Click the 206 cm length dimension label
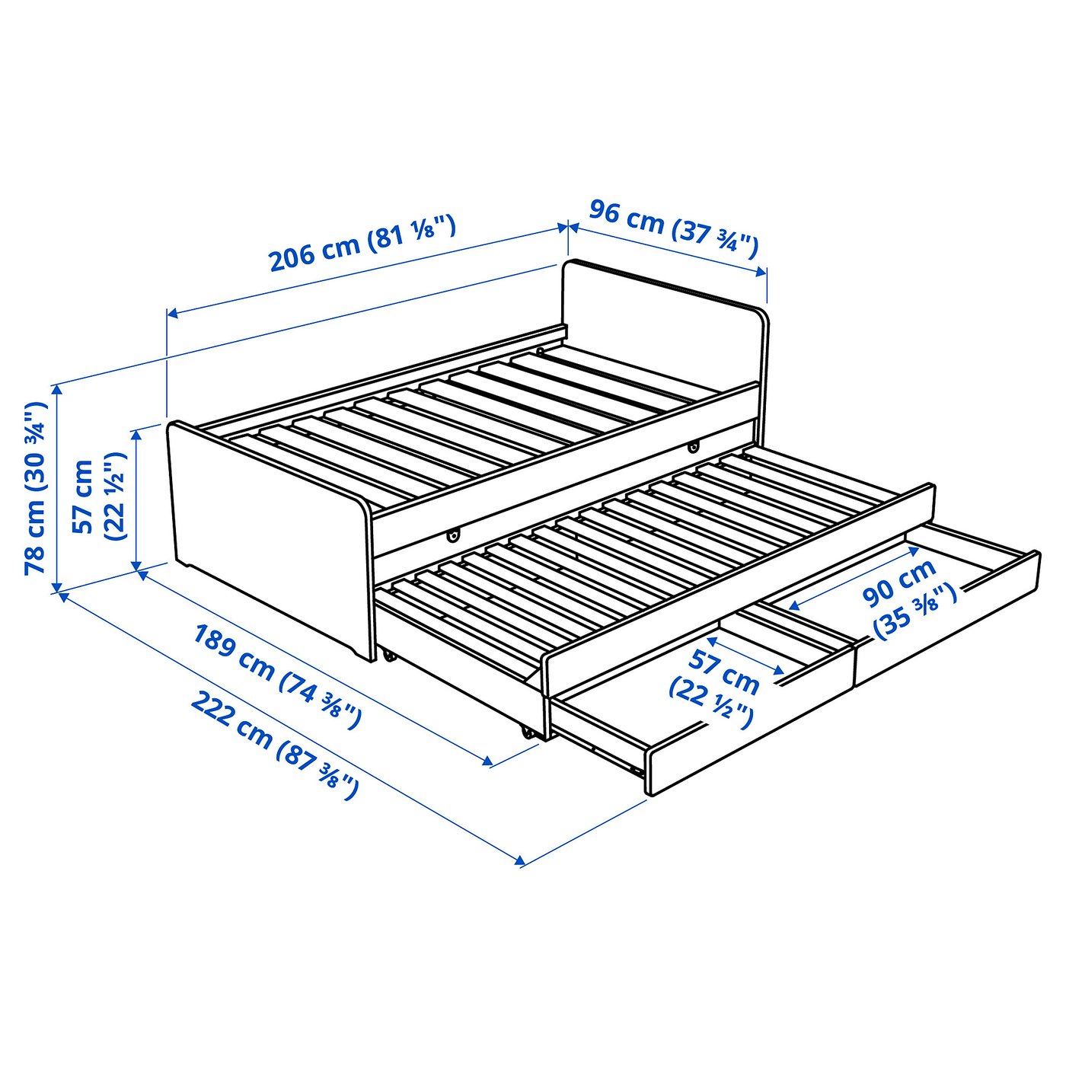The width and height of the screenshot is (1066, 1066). point(362,244)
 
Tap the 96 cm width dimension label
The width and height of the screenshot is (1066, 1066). point(673,228)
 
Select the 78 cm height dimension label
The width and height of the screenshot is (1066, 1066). point(36,488)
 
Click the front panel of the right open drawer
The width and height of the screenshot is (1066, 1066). point(948,617)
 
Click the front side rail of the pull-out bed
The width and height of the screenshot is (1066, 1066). point(739,586)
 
